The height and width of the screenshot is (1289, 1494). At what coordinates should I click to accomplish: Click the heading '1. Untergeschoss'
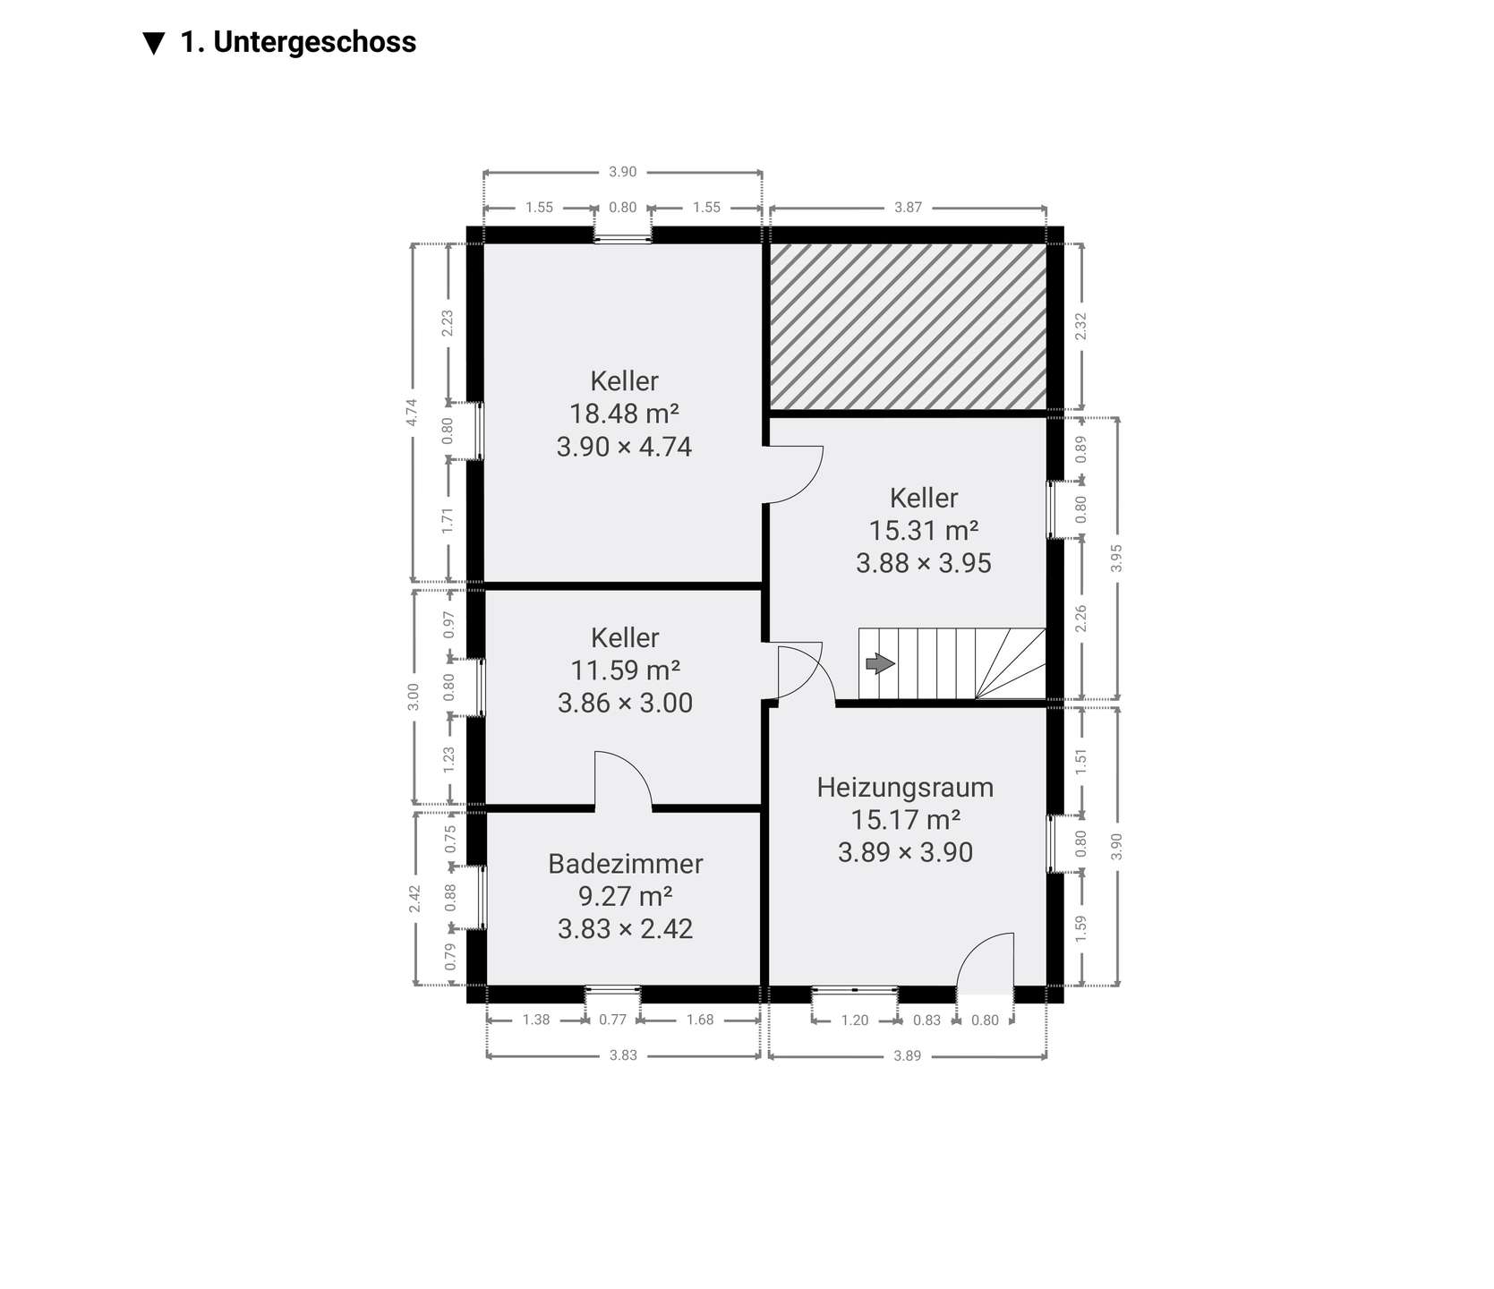point(298,42)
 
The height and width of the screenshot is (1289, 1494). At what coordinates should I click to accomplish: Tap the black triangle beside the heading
point(154,43)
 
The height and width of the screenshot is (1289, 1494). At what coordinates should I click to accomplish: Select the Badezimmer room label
point(626,864)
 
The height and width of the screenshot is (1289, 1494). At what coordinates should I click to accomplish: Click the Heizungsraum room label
point(905,788)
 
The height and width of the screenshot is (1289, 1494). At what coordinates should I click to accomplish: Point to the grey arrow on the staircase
point(880,663)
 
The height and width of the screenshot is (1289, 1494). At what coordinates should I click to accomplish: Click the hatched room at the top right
point(909,327)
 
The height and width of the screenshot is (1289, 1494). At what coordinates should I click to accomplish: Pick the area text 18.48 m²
point(625,414)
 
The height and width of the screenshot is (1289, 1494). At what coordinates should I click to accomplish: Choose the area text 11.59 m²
point(625,670)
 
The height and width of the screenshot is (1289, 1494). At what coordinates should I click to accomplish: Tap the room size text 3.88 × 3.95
point(924,563)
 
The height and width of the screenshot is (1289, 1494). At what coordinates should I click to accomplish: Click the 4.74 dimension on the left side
point(412,412)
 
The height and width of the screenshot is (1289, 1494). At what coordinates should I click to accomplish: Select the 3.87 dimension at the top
point(908,208)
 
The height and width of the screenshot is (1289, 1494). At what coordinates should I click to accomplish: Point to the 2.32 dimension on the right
point(1081,325)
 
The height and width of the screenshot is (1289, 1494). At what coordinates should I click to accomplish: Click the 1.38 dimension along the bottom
point(536,1020)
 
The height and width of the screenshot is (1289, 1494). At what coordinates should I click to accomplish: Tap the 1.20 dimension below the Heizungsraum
point(855,1020)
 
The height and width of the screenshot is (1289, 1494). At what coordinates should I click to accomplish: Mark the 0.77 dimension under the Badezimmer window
point(613,1020)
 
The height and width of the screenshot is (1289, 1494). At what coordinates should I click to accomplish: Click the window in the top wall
point(623,238)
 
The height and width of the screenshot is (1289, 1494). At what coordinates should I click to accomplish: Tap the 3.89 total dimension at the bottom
point(908,1056)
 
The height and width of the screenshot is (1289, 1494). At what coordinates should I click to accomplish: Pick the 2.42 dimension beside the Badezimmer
point(414,899)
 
